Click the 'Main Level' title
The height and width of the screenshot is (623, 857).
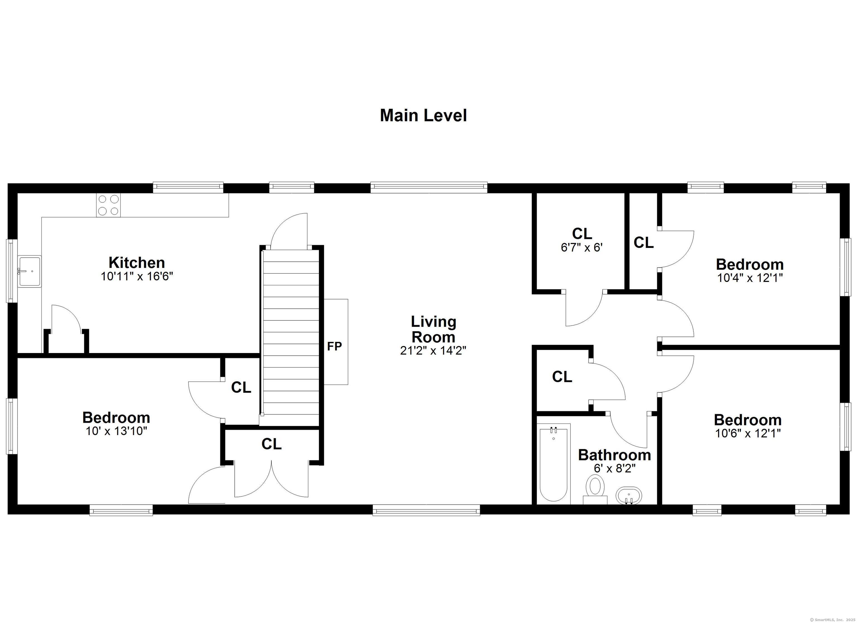click(x=423, y=116)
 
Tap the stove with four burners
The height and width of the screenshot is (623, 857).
click(x=109, y=205)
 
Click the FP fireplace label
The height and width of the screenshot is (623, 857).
click(x=334, y=346)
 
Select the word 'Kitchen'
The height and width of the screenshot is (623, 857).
click(x=137, y=263)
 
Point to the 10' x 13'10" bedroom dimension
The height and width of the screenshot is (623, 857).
click(x=116, y=431)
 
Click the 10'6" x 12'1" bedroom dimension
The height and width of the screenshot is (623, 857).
click(x=748, y=433)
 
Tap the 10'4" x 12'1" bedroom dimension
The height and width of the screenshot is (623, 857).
click(x=750, y=278)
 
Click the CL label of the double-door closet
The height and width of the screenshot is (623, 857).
click(x=271, y=444)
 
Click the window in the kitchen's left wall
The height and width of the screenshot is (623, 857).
click(x=11, y=271)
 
